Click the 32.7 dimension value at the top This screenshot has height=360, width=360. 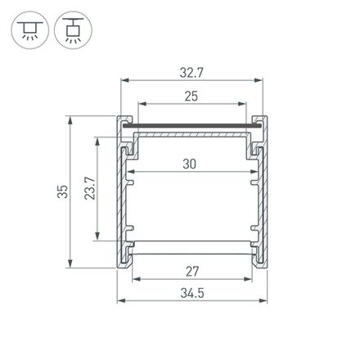(x=193, y=72)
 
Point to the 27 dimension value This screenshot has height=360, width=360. (x=191, y=271)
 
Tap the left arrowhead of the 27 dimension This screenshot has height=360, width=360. (x=134, y=279)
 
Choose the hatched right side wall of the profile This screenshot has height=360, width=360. (x=263, y=196)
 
